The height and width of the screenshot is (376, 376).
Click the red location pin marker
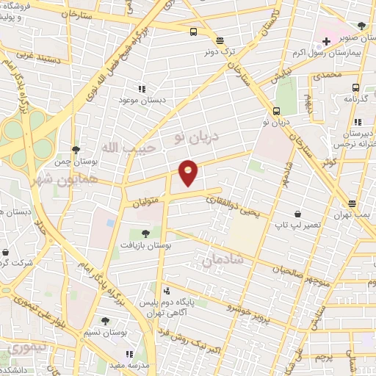pyautogui.click(x=189, y=172)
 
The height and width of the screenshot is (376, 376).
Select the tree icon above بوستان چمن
pyautogui.click(x=76, y=148)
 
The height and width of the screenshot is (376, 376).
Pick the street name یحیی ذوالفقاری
pyautogui.click(x=231, y=206)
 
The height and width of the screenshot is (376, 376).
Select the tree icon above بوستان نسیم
pyautogui.click(x=105, y=320)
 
